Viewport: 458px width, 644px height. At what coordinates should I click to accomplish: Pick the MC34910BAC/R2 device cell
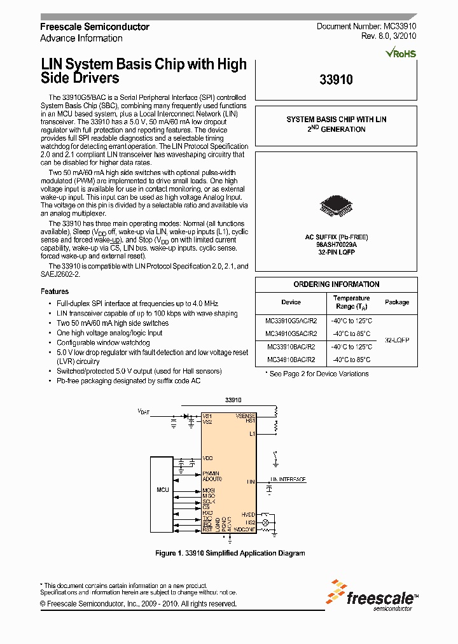coord(290,360)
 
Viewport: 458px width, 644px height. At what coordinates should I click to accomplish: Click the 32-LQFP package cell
coord(397,340)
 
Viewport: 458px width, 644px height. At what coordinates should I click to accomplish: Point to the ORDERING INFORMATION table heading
coord(336,284)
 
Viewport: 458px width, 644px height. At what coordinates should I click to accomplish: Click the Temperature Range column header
coord(351,302)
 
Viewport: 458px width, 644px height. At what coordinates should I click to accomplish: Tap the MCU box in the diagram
coord(163,490)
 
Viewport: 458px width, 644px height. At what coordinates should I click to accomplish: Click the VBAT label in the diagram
coord(145,412)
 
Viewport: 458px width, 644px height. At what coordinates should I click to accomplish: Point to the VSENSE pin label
coord(245,416)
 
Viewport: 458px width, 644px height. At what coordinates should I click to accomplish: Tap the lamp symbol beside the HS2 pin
coord(267,522)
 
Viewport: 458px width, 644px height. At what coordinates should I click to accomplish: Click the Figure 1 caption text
coord(230,553)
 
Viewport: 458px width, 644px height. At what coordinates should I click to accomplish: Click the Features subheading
coord(55,291)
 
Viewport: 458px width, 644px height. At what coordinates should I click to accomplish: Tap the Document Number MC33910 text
coord(366,27)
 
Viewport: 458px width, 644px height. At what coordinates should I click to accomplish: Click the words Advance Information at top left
coord(81,38)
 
